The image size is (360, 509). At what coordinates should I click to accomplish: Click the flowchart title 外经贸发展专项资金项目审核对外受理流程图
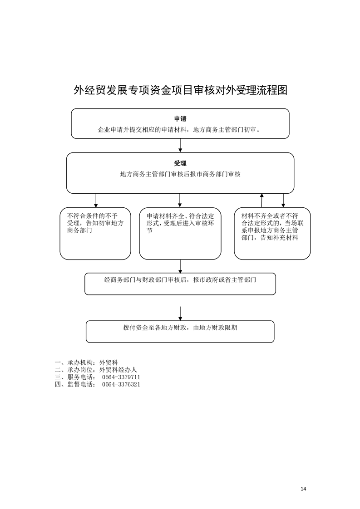(x=180, y=90)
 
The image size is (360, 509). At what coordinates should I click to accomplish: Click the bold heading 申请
(x=180, y=119)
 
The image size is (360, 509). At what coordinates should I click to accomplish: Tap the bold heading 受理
(x=180, y=163)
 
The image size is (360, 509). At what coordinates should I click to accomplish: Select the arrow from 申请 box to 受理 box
(x=180, y=146)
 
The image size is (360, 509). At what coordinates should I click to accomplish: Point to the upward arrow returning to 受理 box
(x=262, y=201)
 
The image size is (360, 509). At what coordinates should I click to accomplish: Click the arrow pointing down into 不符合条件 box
(x=96, y=201)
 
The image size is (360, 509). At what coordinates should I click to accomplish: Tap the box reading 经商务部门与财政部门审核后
(x=180, y=284)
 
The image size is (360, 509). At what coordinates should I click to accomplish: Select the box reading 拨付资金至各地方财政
(x=180, y=332)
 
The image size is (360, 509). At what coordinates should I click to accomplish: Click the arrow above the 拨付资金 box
(x=180, y=313)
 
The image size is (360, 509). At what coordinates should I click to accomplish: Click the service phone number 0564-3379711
(x=121, y=377)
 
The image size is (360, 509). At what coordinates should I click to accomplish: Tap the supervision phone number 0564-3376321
(x=121, y=384)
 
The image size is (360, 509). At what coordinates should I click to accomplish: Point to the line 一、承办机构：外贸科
(x=86, y=362)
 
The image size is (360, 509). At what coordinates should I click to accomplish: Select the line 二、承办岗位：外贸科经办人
(x=96, y=370)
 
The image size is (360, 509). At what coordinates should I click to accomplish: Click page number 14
(x=303, y=489)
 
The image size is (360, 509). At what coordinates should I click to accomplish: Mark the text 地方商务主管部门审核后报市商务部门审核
(x=180, y=174)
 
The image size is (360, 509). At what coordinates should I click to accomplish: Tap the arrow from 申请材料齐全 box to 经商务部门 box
(x=180, y=266)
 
